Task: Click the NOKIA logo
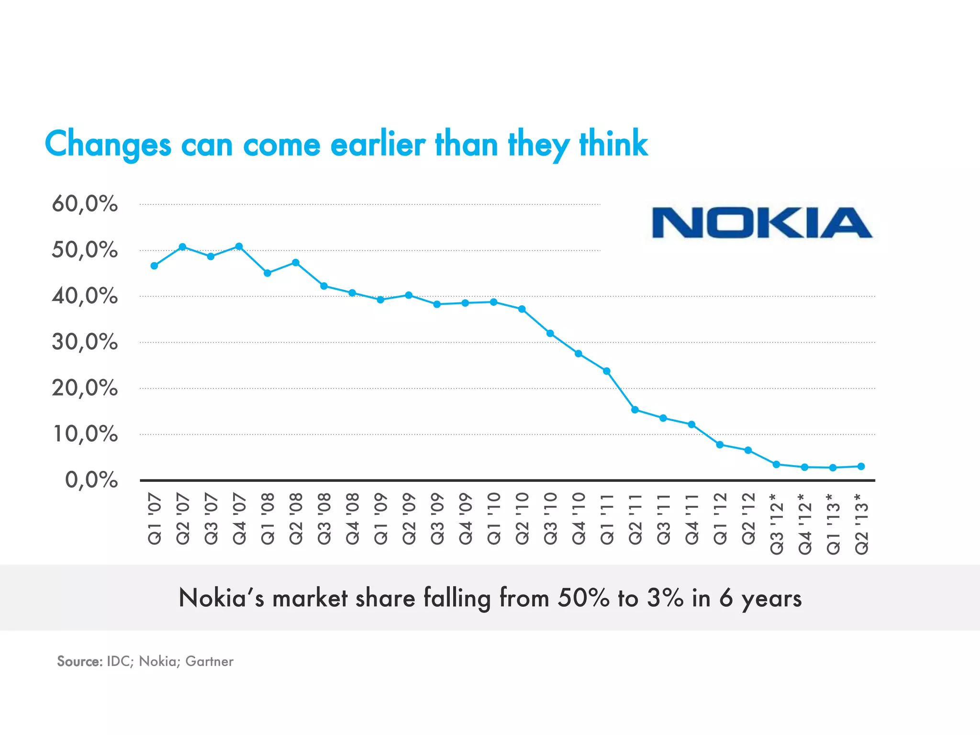point(762,223)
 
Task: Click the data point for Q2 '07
point(182,247)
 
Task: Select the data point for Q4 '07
point(239,246)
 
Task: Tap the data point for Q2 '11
point(635,410)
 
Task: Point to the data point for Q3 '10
point(550,333)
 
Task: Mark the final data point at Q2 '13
point(861,466)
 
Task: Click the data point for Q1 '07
point(154,266)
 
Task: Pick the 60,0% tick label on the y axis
point(85,204)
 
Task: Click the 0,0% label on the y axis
point(91,480)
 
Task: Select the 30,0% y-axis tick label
point(85,342)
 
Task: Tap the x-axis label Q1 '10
point(494,519)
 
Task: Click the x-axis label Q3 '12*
point(776,524)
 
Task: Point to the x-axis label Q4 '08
point(352,519)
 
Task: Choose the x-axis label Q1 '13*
point(833,524)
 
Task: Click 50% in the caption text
point(584,598)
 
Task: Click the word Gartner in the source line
point(209,661)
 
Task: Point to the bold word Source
point(79,661)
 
